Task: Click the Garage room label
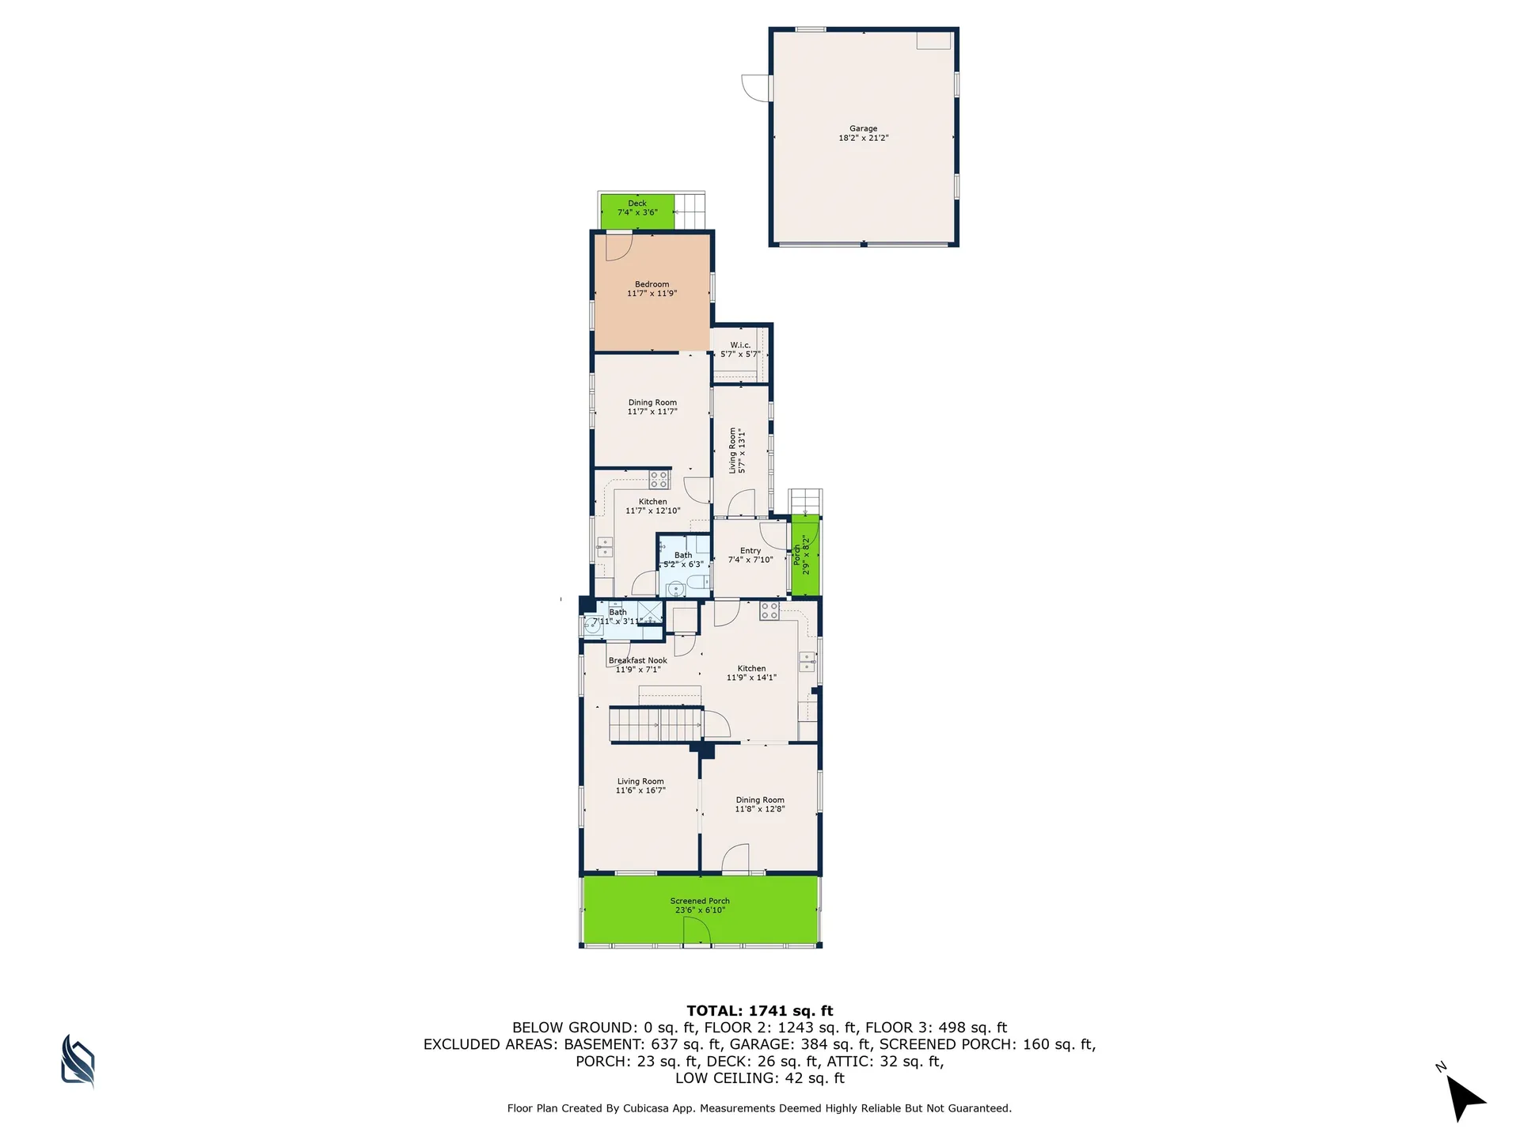(x=863, y=133)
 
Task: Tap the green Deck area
(x=637, y=211)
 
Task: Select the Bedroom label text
(x=652, y=289)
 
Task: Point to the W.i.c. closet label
(x=740, y=350)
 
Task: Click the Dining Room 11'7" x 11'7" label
(x=652, y=407)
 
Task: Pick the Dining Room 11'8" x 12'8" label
(x=759, y=804)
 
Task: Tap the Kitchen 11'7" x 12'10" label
(x=652, y=506)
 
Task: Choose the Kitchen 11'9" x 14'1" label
(x=751, y=673)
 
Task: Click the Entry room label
(x=750, y=555)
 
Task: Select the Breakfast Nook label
(x=637, y=665)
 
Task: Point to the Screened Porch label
(x=700, y=906)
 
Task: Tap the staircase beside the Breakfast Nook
(x=655, y=724)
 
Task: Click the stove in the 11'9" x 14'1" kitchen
(x=769, y=610)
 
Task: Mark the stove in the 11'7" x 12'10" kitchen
(x=659, y=479)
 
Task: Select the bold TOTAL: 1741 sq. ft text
(x=759, y=1011)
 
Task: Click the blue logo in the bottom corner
(x=78, y=1060)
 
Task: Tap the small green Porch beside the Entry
(x=806, y=555)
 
